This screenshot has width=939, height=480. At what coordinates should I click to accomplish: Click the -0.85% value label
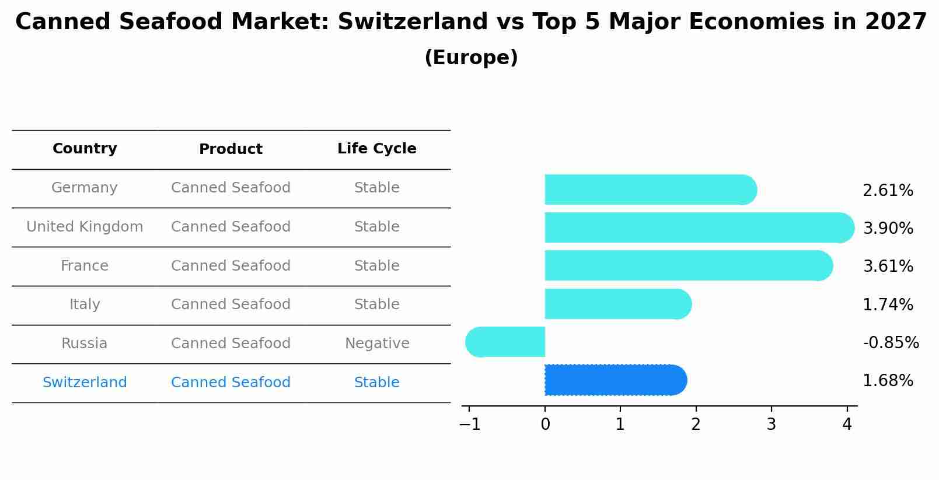pos(891,342)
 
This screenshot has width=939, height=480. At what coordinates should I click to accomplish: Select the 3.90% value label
pos(888,228)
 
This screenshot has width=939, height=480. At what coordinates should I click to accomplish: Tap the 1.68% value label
pos(888,381)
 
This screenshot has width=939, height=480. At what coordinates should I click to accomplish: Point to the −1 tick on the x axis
pos(470,425)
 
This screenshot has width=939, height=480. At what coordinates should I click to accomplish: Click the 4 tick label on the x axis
pos(847,425)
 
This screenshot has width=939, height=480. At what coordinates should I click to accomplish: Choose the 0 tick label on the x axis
pos(545,425)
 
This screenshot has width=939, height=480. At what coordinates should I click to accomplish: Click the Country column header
pos(85,149)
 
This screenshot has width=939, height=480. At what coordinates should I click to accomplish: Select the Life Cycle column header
pos(376,149)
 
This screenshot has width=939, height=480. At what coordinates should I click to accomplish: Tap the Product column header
pos(231,149)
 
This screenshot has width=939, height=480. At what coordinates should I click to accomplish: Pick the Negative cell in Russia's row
pos(377,344)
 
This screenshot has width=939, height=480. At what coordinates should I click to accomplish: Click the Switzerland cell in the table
pos(85,383)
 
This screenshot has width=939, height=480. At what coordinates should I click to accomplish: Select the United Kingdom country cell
pos(85,227)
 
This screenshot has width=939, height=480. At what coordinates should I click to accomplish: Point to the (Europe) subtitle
pos(471,58)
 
